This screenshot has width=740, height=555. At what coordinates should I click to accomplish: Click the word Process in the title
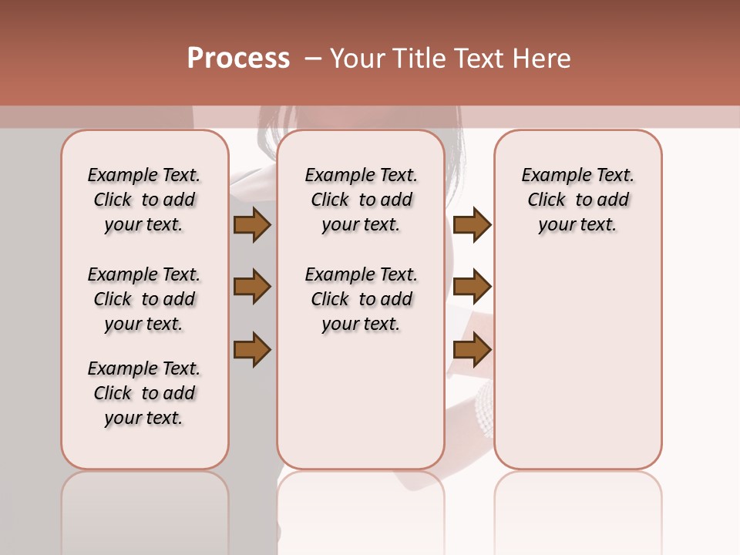click(238, 59)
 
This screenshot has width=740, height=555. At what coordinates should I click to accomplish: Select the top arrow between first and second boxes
click(252, 224)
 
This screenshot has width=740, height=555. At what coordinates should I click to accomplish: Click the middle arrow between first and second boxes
click(252, 287)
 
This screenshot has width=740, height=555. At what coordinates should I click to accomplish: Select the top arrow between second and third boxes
click(472, 224)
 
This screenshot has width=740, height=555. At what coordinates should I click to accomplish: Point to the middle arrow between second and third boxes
click(472, 287)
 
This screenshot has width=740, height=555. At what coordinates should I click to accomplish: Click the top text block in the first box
click(144, 200)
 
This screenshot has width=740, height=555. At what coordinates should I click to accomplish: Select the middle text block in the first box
click(144, 299)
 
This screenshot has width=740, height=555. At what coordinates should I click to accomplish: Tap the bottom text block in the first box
click(144, 393)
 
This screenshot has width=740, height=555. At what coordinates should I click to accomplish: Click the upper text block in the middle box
click(361, 200)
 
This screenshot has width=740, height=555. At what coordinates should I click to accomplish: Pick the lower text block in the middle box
click(361, 299)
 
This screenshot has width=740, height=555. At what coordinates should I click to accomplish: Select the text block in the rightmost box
click(577, 200)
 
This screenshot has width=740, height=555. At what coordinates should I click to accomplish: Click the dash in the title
click(312, 59)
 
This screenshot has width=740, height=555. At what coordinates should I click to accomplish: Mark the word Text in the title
click(483, 59)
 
